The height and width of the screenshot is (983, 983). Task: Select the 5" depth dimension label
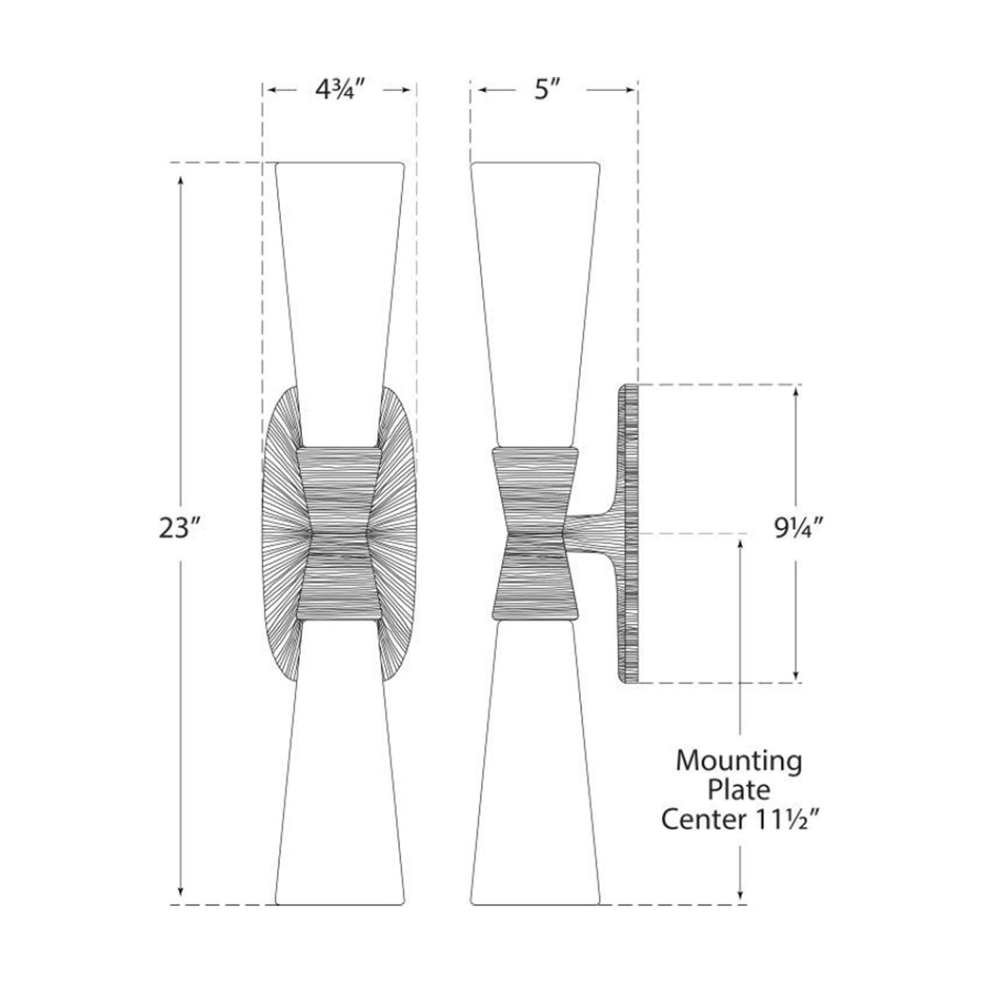[542, 90]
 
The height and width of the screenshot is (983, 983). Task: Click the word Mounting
[738, 761]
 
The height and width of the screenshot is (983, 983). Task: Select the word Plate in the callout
[739, 790]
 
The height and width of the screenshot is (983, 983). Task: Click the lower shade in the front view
[339, 782]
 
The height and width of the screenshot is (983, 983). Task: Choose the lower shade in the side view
[535, 782]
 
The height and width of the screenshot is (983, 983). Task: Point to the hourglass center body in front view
[339, 534]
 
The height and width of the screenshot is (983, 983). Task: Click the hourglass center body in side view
[535, 534]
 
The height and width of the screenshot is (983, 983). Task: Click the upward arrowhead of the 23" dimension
[180, 181]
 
